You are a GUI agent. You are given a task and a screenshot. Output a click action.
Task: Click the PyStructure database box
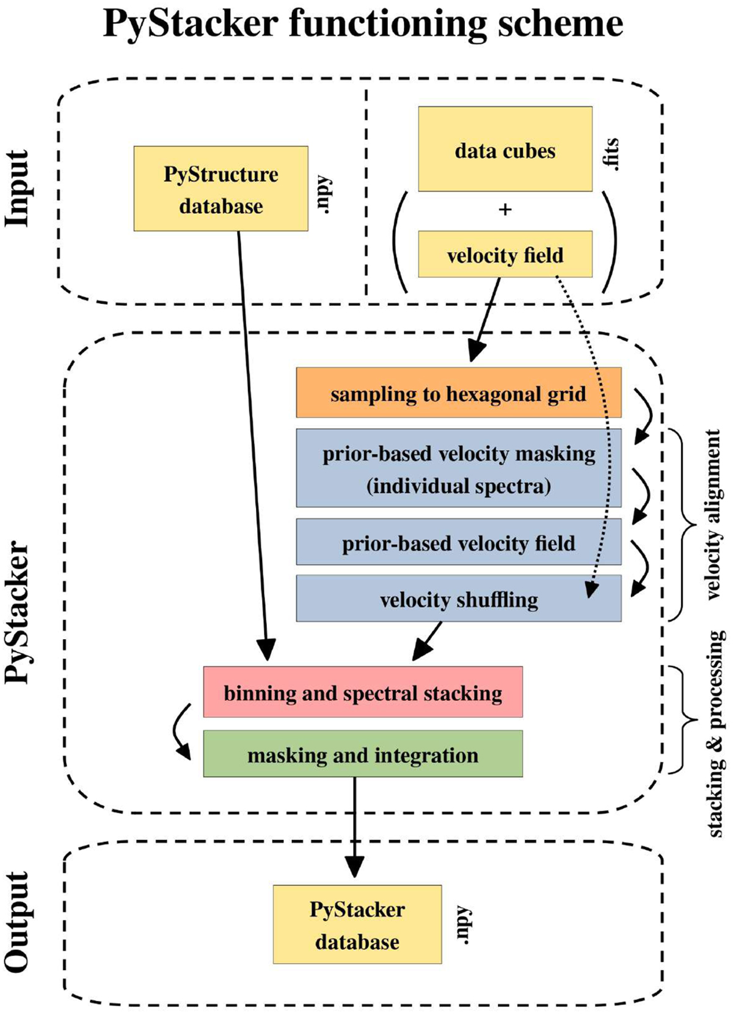tap(221, 189)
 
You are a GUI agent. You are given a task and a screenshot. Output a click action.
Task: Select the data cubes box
tap(505, 150)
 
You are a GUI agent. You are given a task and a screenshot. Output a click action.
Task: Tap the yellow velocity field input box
tap(505, 255)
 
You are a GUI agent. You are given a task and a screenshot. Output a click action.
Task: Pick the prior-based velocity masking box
tap(458, 468)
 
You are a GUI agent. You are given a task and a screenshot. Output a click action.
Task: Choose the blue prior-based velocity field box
tap(458, 542)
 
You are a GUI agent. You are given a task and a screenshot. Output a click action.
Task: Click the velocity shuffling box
tap(458, 599)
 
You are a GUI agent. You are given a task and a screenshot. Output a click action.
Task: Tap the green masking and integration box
tap(363, 755)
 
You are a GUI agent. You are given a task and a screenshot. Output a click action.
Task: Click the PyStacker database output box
tap(357, 924)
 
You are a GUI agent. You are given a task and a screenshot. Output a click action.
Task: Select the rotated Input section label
tap(18, 189)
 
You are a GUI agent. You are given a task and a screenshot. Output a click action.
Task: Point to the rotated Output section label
tap(18, 922)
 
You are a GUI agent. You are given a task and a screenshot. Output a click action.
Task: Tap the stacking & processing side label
tap(717, 733)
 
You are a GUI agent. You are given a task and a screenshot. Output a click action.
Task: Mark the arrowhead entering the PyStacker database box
tap(354, 867)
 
